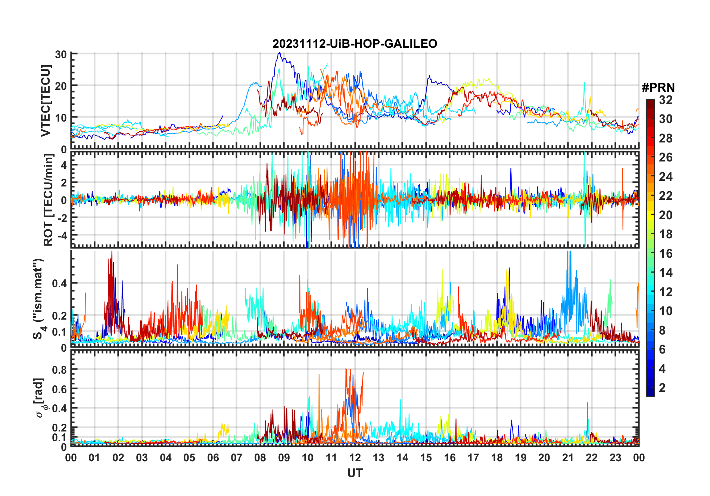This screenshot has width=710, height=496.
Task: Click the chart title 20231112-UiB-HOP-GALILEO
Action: click(x=355, y=44)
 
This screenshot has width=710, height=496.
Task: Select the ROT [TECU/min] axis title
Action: click(x=49, y=200)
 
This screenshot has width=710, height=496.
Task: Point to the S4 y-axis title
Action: click(x=38, y=299)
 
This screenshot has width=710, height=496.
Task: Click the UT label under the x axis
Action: click(x=355, y=473)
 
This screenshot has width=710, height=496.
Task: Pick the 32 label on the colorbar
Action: click(x=666, y=100)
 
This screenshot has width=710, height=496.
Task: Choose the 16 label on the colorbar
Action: click(x=666, y=254)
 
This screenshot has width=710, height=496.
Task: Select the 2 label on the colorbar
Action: click(x=662, y=388)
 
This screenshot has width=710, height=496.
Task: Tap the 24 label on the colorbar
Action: click(x=666, y=177)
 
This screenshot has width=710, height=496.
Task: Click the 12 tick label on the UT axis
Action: click(x=355, y=458)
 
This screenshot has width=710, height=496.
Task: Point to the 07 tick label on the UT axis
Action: click(x=237, y=458)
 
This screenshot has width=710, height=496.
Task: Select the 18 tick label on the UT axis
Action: click(x=497, y=458)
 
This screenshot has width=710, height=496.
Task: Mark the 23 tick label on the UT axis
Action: click(x=615, y=458)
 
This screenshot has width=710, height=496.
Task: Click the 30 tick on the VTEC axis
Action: click(x=61, y=54)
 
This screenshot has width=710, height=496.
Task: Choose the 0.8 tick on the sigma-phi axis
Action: click(x=59, y=370)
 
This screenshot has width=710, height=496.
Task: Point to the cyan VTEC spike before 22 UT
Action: click(x=584, y=83)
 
